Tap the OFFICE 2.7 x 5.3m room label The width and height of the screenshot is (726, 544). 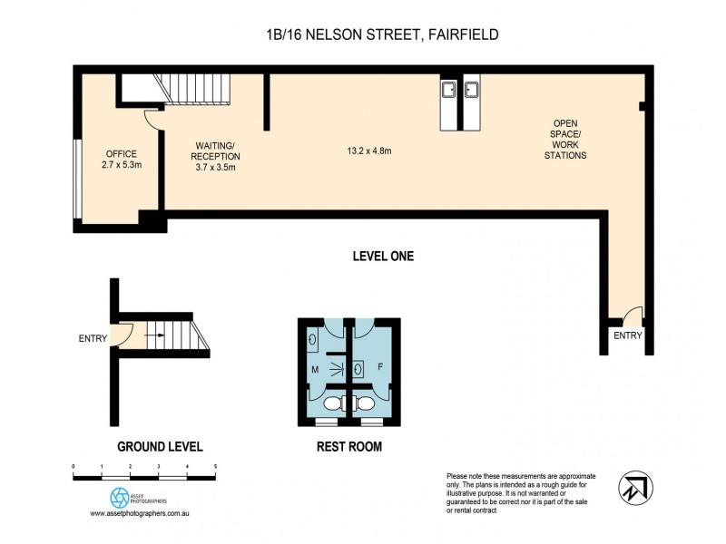point(120,160)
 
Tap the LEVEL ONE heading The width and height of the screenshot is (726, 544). point(382,257)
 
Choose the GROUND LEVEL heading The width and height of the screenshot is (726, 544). point(160,446)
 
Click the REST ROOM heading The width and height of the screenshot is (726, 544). point(348,446)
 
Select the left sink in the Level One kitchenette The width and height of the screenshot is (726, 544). point(448,89)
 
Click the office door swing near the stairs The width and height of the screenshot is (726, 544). point(152,117)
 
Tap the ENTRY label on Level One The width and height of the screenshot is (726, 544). point(627,335)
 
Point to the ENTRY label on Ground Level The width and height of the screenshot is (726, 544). point(93,339)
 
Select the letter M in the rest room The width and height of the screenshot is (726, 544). point(315,369)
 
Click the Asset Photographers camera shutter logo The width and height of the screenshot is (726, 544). point(119,497)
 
